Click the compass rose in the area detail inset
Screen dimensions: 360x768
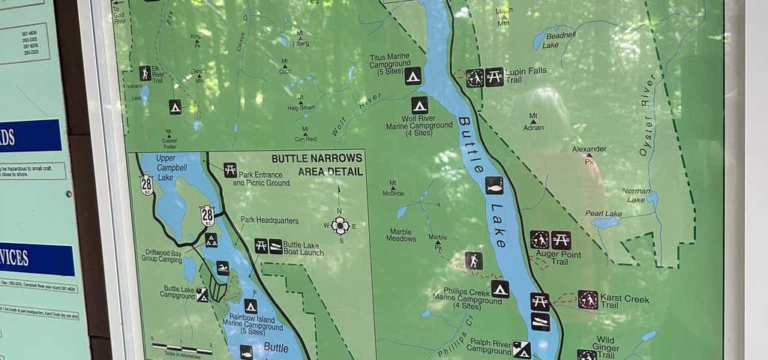pos(340,225)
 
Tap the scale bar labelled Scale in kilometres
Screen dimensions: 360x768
pos(181,348)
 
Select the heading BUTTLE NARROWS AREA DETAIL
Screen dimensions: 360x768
pos(317,164)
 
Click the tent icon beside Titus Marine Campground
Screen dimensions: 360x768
pos(412,76)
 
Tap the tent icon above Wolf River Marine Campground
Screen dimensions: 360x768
pos(419,105)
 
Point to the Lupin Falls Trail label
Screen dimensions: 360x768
pos(525,75)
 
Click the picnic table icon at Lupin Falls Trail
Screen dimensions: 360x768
pos(494,77)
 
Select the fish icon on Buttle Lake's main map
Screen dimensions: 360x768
pos(494,185)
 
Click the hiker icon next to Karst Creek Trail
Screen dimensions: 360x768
pos(588,300)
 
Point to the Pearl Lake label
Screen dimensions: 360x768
pos(604,214)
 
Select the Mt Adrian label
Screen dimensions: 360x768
pos(533,123)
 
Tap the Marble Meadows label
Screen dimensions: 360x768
pos(401,235)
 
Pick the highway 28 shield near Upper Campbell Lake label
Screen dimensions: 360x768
pos(147,184)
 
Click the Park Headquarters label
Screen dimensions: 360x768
pos(269,220)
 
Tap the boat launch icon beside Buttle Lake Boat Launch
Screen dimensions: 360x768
pos(276,246)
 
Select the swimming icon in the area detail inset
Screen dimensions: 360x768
pos(223,268)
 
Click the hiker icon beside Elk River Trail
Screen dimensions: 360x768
pos(145,73)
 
